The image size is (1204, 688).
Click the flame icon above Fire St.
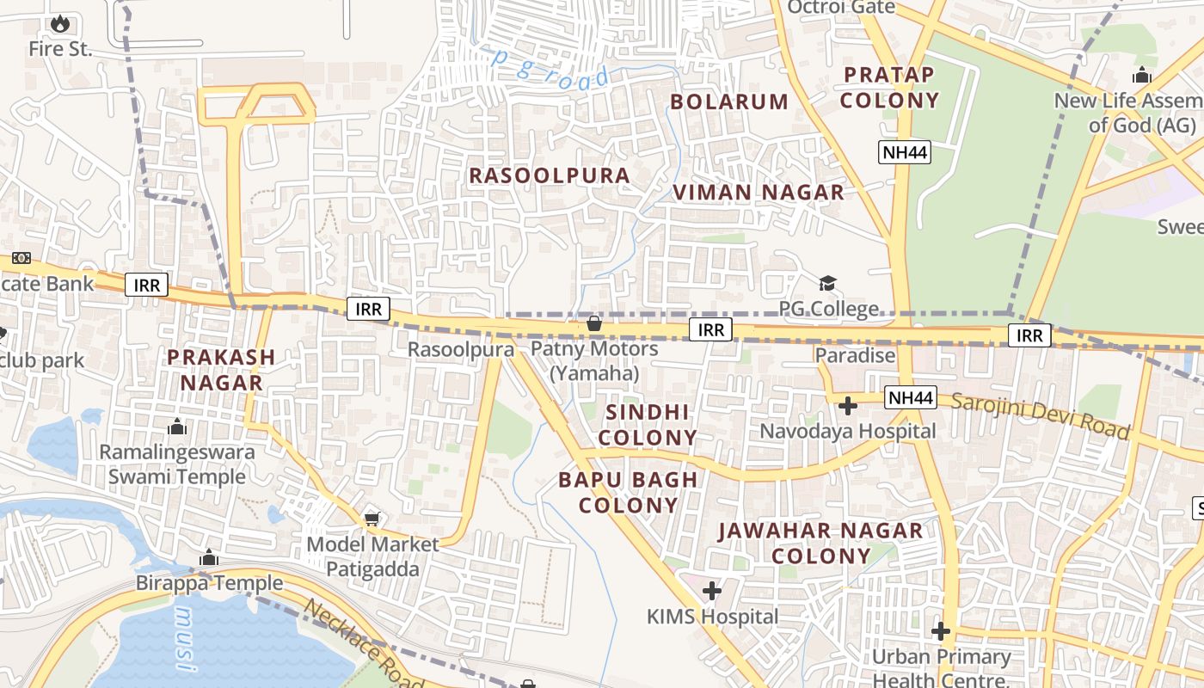59,23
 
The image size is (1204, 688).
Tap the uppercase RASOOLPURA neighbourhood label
550,175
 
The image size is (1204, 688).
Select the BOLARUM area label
729,101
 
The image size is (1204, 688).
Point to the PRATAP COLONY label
889,88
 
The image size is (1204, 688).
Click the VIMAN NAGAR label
759,193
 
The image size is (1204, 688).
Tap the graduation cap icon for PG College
827,283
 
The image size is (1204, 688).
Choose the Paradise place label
855,355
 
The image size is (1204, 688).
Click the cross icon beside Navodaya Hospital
848,405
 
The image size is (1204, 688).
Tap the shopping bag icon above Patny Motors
593,323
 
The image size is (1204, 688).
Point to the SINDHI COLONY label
648,425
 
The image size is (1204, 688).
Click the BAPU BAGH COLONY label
629,492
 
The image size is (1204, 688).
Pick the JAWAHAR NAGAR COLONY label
820,544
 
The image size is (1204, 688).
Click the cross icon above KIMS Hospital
711,591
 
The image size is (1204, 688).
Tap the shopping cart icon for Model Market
372,519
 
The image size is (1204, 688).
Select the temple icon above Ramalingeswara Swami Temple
177,427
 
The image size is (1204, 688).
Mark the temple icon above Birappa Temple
208,558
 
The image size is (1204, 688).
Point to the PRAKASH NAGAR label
221,370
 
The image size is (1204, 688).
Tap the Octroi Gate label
841,8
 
